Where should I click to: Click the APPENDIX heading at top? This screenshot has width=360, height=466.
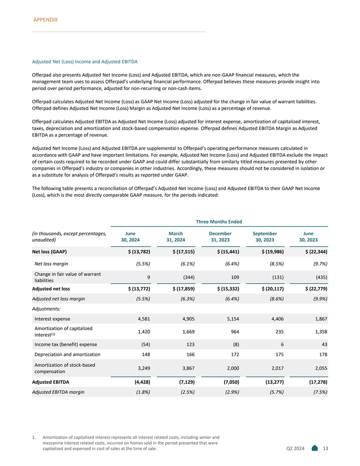coord(46,20)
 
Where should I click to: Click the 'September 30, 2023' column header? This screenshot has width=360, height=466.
coord(265,237)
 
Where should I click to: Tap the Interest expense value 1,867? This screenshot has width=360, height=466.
coord(319,319)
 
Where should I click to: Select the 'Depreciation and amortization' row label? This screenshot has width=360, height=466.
coord(67,354)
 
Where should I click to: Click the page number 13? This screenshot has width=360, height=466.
coord(326,449)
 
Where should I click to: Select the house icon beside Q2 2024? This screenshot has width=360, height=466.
coord(315,448)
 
